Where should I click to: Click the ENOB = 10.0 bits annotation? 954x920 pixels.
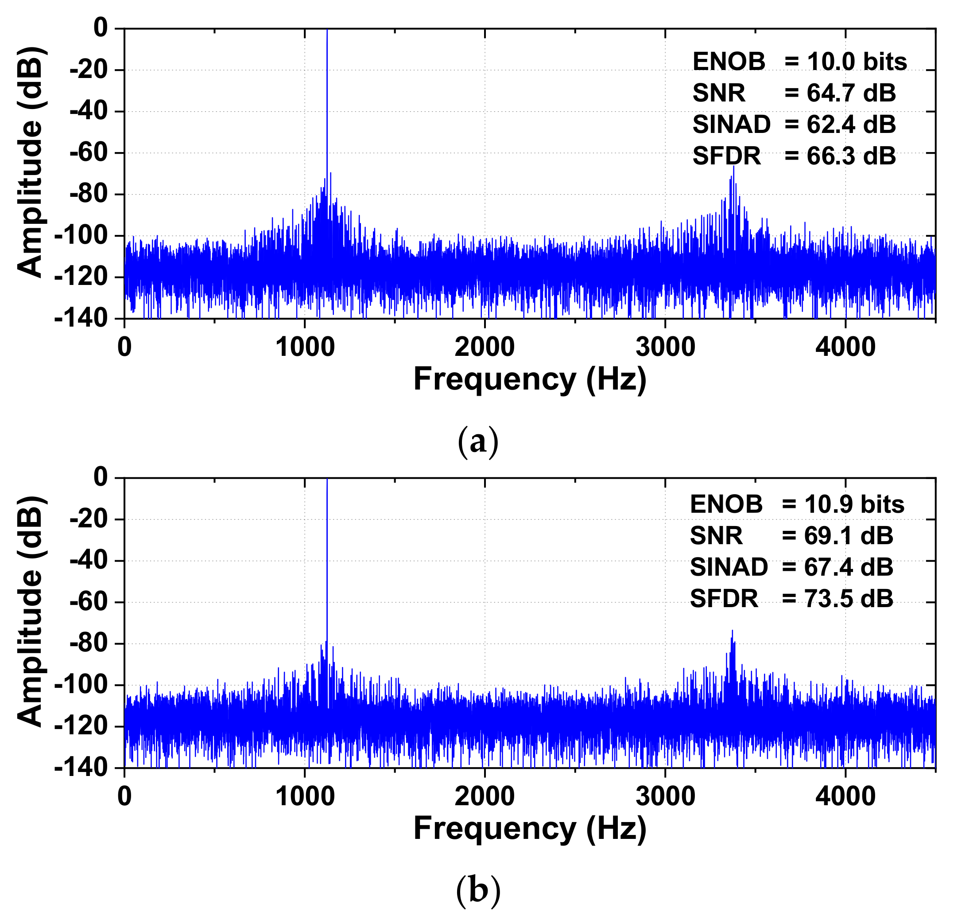(799, 62)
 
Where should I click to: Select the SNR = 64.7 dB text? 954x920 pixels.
(794, 93)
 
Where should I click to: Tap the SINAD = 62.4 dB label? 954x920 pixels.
(794, 125)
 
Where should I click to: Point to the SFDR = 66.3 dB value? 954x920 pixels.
(794, 156)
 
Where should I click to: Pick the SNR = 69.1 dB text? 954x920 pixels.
(791, 536)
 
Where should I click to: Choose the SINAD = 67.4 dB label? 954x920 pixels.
(791, 567)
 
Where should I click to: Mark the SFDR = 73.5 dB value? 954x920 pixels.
(791, 599)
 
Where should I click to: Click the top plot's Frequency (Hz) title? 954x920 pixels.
(530, 379)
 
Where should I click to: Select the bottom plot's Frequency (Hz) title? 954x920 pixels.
(530, 828)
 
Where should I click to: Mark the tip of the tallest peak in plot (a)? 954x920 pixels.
(327, 30)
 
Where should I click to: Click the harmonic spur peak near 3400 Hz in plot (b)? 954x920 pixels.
(732, 631)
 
